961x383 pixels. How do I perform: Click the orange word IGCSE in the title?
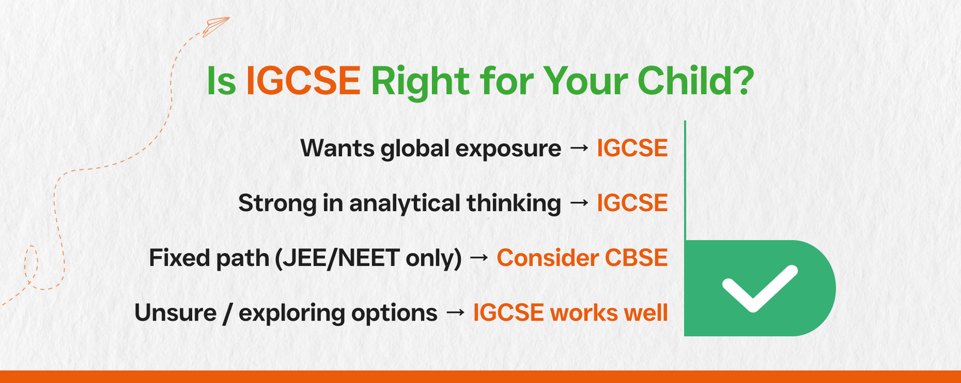(x=303, y=81)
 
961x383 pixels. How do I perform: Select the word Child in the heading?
(x=682, y=80)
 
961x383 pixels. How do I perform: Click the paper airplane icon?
(x=216, y=27)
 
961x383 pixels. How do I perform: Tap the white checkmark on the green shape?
(x=760, y=287)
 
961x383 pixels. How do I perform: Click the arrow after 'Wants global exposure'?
(x=579, y=148)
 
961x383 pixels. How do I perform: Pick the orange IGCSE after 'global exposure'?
(x=632, y=148)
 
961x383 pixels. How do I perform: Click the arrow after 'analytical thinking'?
(x=579, y=203)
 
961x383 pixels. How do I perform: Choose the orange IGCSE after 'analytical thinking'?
(x=632, y=203)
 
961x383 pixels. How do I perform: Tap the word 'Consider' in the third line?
(x=547, y=257)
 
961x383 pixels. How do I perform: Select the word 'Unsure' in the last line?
(x=175, y=313)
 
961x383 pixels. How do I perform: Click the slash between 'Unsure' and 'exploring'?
(x=227, y=313)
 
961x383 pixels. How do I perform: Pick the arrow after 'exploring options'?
(x=455, y=312)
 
